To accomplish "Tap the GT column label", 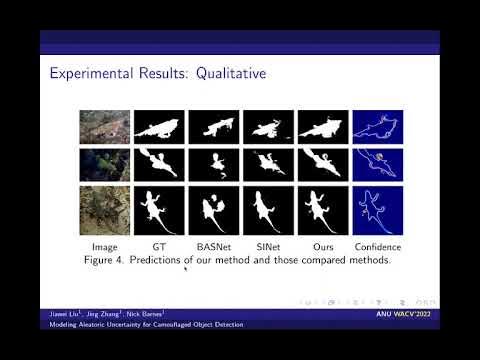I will point(160,245).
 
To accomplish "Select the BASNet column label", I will point(213,245).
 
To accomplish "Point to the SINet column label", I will point(268,245).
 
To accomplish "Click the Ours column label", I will point(324,245).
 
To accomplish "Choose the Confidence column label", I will point(378,245).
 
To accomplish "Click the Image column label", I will point(104,245).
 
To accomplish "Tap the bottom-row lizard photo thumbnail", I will point(104,210).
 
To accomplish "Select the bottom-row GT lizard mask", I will point(160,210).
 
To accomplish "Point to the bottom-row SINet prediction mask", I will point(268,210).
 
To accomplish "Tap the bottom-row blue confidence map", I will point(378,210).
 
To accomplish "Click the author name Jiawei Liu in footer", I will point(60,314).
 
